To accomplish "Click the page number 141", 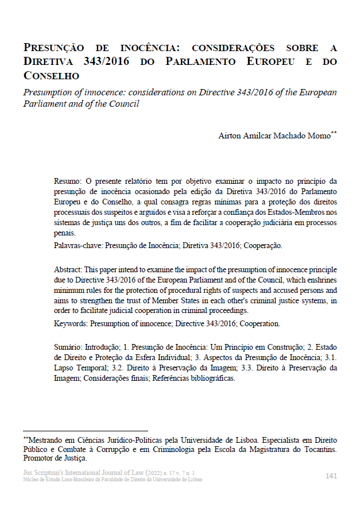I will (331, 476).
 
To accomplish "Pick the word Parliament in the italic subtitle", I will (44, 104).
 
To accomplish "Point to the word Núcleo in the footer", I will (32, 479).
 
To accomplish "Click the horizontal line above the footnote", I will (86, 430).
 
